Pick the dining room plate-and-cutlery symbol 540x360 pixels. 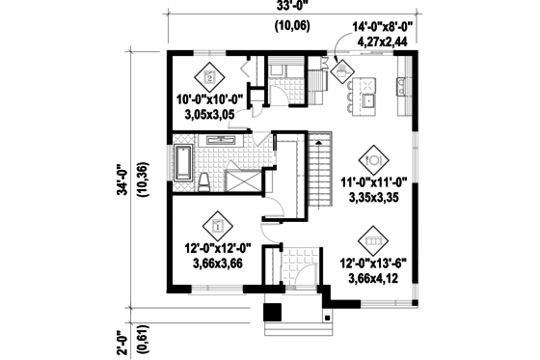[x=373, y=155]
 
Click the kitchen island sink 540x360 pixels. [x=367, y=97]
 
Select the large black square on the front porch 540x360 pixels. [x=273, y=313]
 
